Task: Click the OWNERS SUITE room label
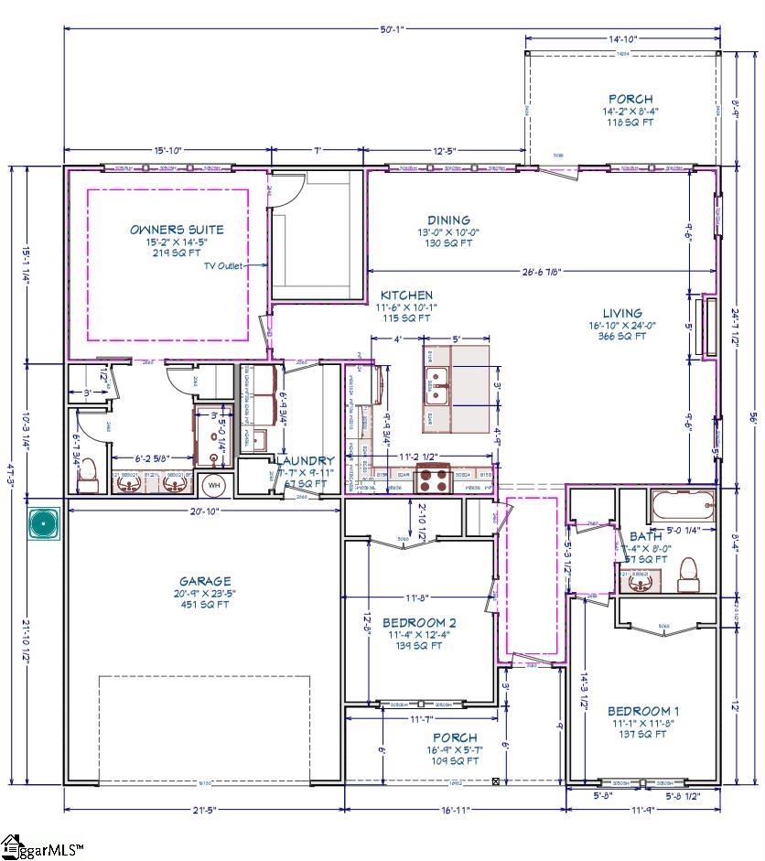tap(177, 229)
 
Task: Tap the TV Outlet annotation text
tap(222, 265)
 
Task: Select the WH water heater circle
tap(213, 484)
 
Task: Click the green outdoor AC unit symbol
tap(43, 523)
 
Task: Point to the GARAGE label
tap(205, 580)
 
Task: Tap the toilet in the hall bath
tap(687, 572)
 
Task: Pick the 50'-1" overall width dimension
tap(392, 29)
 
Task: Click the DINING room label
tap(448, 220)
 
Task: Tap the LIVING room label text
tap(621, 313)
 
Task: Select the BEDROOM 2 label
tap(419, 622)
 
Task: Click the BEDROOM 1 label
tap(643, 710)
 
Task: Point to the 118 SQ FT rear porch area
tap(630, 122)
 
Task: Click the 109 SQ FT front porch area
tap(455, 760)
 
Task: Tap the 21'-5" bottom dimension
tap(204, 810)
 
